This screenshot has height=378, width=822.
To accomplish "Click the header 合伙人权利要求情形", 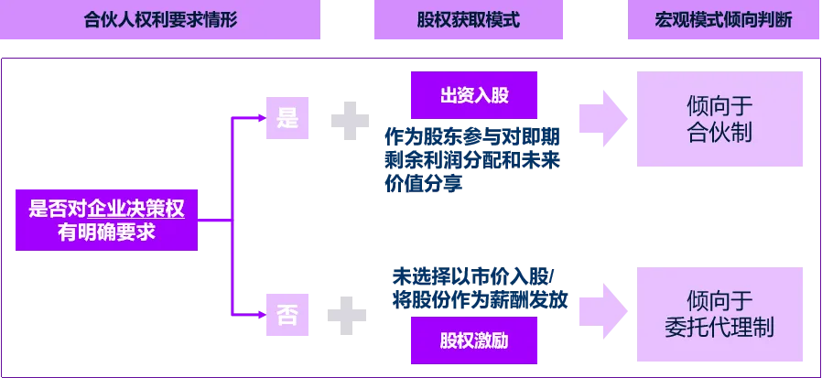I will click(x=160, y=20).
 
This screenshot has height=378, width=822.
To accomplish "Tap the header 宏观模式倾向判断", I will click(x=722, y=20).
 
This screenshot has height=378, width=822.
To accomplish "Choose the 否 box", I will click(x=287, y=316).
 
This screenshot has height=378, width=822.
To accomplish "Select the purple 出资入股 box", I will click(x=474, y=96).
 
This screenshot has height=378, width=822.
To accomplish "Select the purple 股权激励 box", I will click(x=474, y=340).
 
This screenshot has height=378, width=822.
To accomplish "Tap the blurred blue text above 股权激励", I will click(x=476, y=288).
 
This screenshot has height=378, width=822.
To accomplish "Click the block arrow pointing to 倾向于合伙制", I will click(x=603, y=116).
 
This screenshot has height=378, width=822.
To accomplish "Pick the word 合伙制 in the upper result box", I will click(x=719, y=134).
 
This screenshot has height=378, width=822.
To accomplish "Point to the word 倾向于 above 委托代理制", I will click(x=719, y=300).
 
